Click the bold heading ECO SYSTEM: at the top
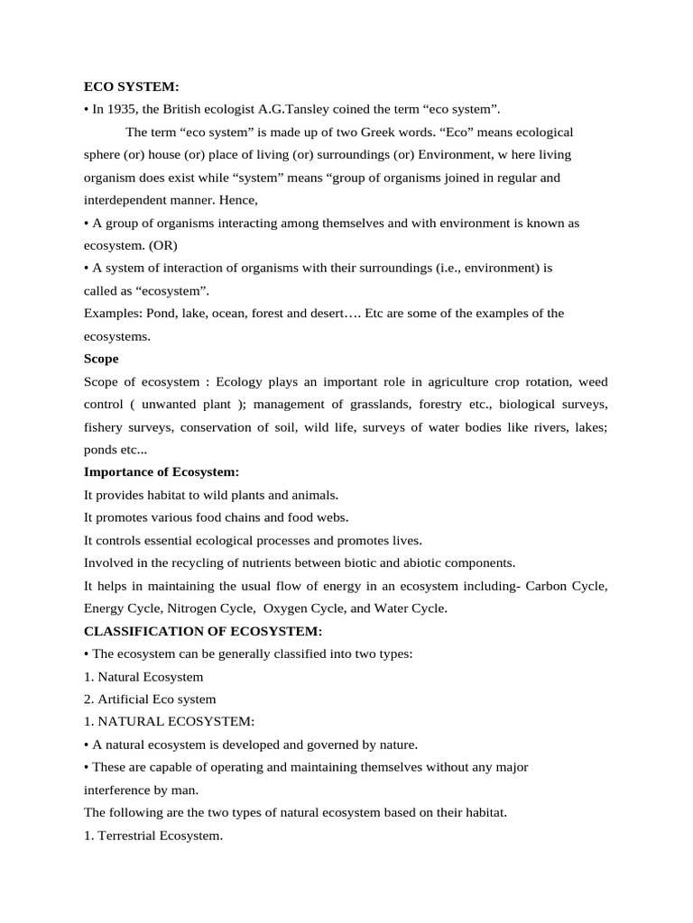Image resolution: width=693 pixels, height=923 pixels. [132, 87]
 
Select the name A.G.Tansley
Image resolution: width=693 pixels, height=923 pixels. [293, 109]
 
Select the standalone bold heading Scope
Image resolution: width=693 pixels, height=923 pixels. [101, 359]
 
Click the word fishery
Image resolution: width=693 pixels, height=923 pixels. [108, 426]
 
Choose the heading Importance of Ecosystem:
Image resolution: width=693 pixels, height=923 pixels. [162, 472]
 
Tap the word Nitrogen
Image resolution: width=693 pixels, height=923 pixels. [192, 608]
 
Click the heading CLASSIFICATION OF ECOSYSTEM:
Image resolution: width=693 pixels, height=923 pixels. [203, 631]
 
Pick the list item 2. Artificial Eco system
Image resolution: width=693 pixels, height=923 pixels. [150, 699]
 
